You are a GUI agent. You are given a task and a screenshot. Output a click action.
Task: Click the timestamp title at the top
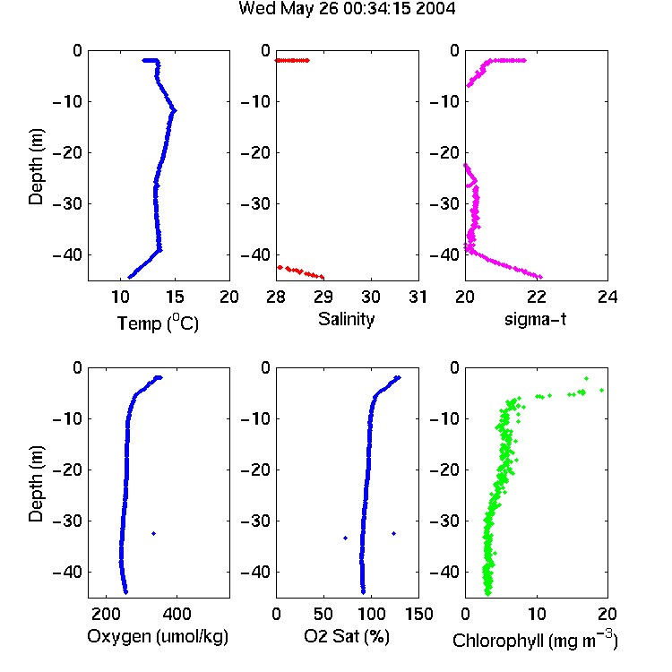[347, 9]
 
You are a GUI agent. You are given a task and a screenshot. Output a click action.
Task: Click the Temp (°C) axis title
[158, 323]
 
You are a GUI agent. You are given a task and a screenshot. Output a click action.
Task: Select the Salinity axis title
[346, 319]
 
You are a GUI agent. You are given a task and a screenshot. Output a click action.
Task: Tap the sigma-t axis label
[535, 319]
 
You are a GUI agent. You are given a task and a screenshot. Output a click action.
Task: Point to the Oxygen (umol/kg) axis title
[158, 636]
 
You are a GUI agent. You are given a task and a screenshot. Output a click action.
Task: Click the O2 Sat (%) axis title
[347, 636]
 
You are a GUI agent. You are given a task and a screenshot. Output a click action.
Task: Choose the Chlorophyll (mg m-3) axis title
[535, 640]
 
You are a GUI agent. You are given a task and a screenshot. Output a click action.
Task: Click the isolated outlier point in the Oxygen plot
[154, 534]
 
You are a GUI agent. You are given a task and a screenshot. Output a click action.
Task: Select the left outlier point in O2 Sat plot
[346, 538]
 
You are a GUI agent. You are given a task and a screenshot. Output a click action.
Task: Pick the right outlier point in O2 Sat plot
[394, 534]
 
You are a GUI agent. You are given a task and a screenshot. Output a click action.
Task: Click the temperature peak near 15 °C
[174, 111]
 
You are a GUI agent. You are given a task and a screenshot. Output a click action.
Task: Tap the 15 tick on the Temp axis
[175, 297]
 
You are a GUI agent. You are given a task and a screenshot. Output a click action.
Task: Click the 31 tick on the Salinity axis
[418, 297]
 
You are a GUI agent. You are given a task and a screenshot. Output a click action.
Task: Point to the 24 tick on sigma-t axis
[607, 297]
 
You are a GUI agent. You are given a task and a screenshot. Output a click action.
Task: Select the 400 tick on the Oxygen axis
[177, 614]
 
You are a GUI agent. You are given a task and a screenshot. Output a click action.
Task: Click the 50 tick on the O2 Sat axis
[323, 614]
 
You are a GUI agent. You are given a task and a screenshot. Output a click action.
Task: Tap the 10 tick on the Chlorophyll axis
[537, 614]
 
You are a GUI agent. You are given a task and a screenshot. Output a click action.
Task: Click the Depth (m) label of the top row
[36, 167]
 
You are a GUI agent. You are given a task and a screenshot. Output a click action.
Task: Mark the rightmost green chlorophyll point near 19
[602, 390]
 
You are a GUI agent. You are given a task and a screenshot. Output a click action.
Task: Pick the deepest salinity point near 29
[322, 277]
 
